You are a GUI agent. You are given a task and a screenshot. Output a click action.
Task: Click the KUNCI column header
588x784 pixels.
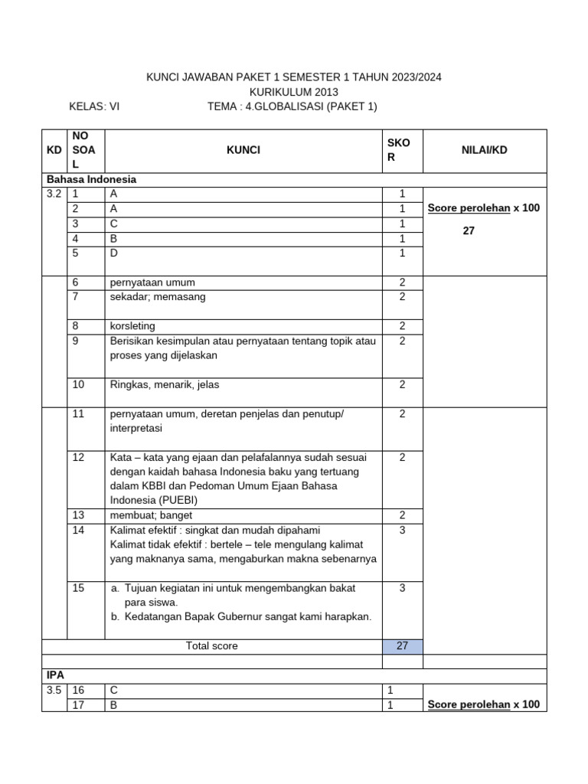coord(243,150)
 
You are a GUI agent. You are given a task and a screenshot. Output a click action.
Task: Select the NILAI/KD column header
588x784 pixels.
coord(485,150)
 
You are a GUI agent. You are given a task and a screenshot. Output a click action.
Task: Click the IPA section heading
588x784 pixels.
coord(56,675)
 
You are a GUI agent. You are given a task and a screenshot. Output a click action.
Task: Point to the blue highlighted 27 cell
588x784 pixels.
coord(402,646)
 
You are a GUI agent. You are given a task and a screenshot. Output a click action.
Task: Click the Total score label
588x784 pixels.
coord(211,646)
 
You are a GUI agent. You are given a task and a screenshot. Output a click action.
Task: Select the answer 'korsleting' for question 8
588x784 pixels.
coord(132,326)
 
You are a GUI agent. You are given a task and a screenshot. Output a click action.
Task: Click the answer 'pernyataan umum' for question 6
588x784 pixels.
coord(149,283)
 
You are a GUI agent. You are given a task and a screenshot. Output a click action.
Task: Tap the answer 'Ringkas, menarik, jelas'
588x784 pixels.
coord(165,384)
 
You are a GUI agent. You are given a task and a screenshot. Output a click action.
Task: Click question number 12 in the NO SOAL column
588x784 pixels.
coord(78,457)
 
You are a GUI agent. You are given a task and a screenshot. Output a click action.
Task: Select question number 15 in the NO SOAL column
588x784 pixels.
coord(78,588)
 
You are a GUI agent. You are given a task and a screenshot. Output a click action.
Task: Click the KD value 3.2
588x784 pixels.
coord(53,194)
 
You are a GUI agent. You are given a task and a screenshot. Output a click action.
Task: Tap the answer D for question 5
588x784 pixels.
coord(114,253)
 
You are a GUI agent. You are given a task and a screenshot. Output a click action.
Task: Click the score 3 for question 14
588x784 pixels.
coord(402,530)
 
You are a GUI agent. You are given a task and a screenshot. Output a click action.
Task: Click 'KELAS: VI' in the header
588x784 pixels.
coord(94,106)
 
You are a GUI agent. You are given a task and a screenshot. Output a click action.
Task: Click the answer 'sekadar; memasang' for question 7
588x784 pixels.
coord(158,297)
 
